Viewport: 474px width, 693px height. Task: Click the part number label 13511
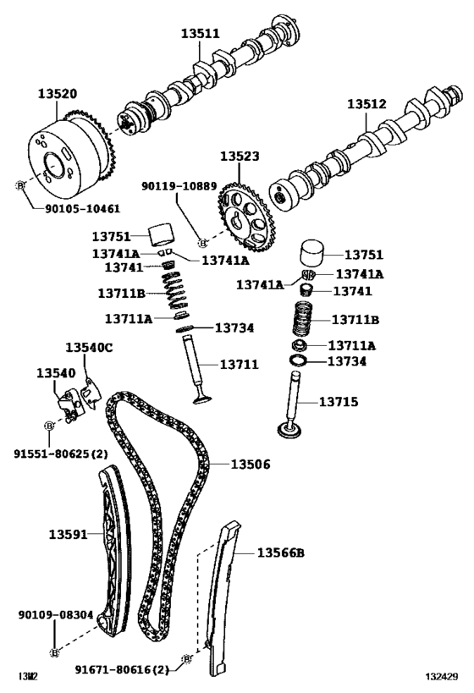200,35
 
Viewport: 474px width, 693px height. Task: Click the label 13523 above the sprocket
240,157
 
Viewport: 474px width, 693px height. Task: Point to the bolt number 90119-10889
179,184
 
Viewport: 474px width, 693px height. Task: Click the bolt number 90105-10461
82,207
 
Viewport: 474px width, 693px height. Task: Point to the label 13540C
89,348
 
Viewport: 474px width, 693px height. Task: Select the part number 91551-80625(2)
60,454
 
